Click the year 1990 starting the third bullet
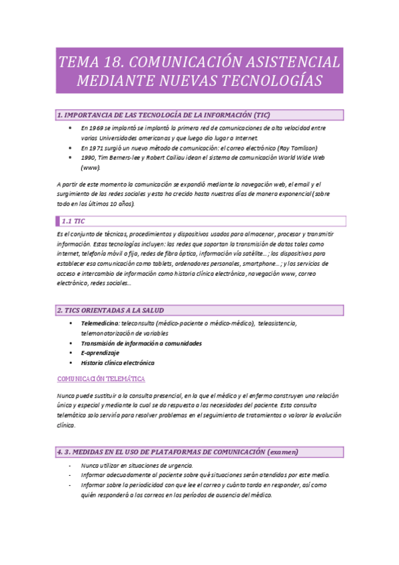[x=89, y=158]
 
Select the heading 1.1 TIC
[x=73, y=221]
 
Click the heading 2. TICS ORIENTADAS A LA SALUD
[x=110, y=310]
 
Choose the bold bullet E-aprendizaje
[x=101, y=353]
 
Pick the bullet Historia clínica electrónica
[x=117, y=363]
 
